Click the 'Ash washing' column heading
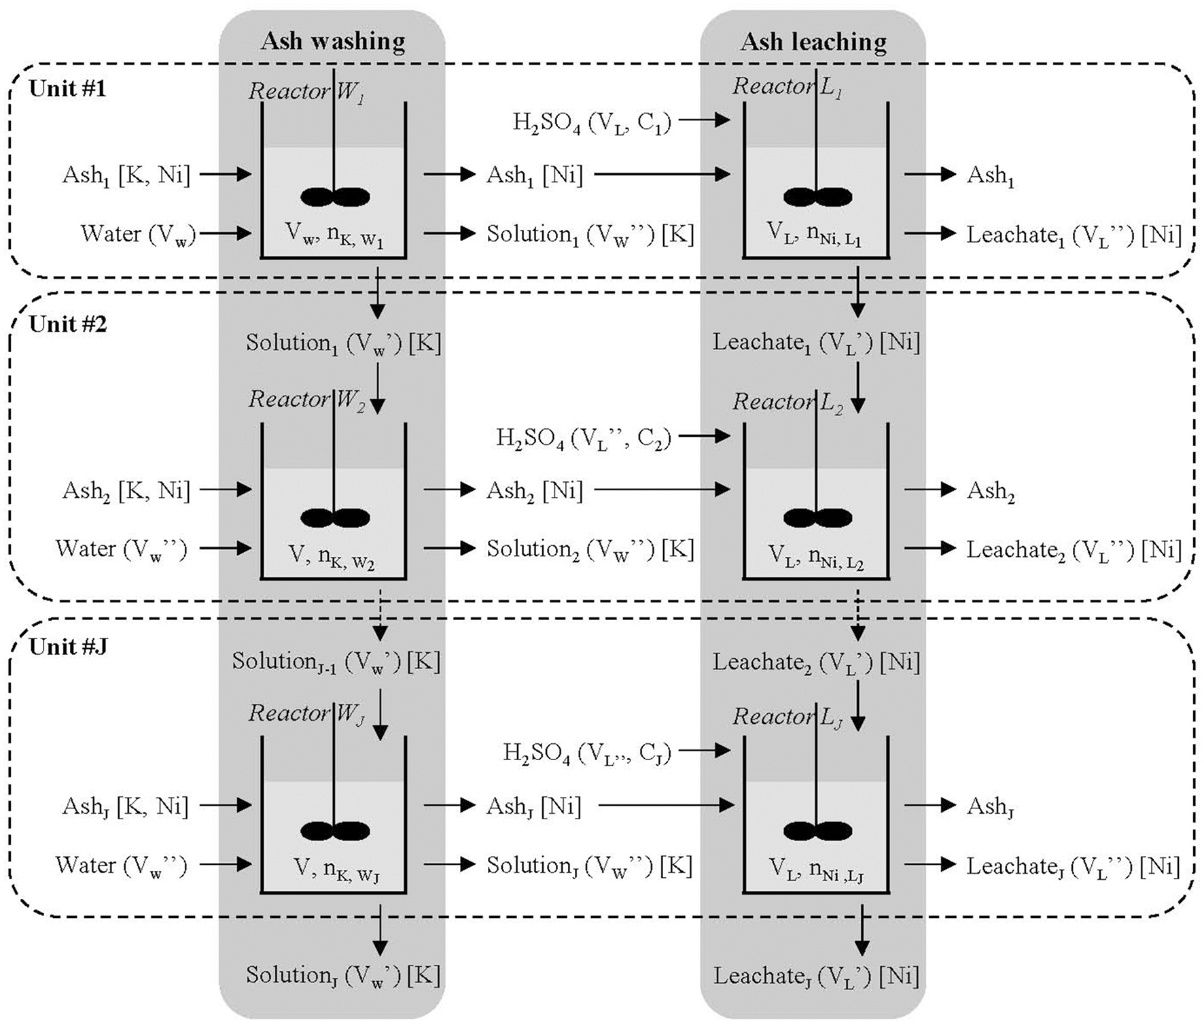[333, 41]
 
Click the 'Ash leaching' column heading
[813, 42]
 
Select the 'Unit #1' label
[67, 89]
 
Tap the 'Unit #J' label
[68, 647]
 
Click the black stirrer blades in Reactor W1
[335, 197]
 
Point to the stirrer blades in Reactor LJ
[817, 831]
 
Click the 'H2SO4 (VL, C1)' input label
[591, 122]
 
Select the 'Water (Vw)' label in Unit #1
[138, 235]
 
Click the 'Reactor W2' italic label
[306, 400]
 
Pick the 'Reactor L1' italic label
[787, 87]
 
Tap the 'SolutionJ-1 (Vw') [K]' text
[336, 662]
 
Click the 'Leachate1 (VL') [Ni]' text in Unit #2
[816, 343]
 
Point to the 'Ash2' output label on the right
[991, 491]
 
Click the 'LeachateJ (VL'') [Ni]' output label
[1073, 866]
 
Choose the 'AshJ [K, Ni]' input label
[125, 806]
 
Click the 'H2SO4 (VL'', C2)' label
[584, 439]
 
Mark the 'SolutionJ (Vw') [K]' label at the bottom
[343, 976]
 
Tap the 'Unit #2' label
[67, 324]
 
